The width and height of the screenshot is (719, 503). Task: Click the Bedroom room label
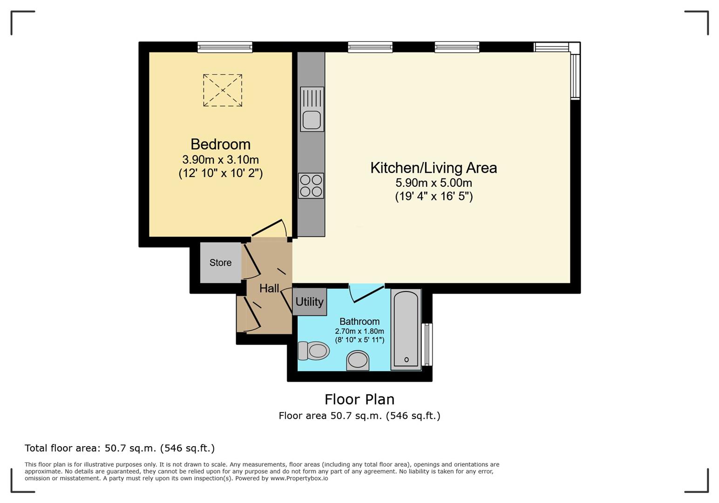(x=221, y=144)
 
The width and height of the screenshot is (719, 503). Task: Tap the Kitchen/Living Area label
(x=434, y=168)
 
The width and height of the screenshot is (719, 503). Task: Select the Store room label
(x=221, y=263)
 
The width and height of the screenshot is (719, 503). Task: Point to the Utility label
(x=309, y=302)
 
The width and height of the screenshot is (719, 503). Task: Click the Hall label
(x=269, y=288)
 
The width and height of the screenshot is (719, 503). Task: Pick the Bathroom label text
(x=359, y=321)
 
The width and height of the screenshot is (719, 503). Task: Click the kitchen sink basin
(x=312, y=120)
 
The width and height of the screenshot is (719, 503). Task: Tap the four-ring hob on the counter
(x=311, y=186)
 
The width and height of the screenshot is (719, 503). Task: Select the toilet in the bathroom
(x=313, y=351)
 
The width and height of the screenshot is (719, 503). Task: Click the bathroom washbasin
(x=358, y=360)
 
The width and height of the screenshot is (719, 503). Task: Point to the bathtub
(x=406, y=329)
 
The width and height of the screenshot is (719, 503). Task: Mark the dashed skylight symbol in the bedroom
(x=223, y=90)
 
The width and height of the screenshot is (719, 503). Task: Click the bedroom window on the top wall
(x=224, y=47)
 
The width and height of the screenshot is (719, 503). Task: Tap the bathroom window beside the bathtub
(x=427, y=345)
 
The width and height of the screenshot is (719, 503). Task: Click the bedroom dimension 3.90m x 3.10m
(x=221, y=160)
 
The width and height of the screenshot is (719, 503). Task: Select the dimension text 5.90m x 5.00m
(x=434, y=183)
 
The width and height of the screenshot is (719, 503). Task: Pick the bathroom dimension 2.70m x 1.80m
(x=359, y=331)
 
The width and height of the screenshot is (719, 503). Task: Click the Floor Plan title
(x=359, y=399)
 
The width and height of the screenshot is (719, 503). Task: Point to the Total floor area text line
(x=120, y=448)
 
